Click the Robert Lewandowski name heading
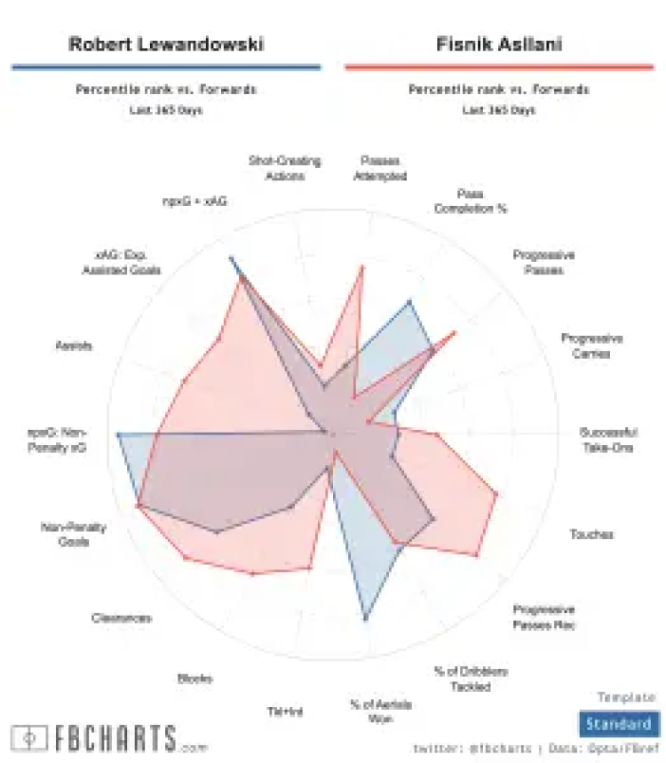[166, 44]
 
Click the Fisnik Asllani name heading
[498, 44]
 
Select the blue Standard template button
[618, 724]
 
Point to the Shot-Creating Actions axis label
[284, 168]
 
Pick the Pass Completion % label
[470, 201]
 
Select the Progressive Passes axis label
[543, 262]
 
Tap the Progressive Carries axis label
[591, 346]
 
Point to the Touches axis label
[591, 535]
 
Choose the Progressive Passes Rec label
[543, 617]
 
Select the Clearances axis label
[121, 618]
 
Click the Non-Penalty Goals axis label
[74, 534]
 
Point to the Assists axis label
[73, 346]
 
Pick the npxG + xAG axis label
[194, 202]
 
